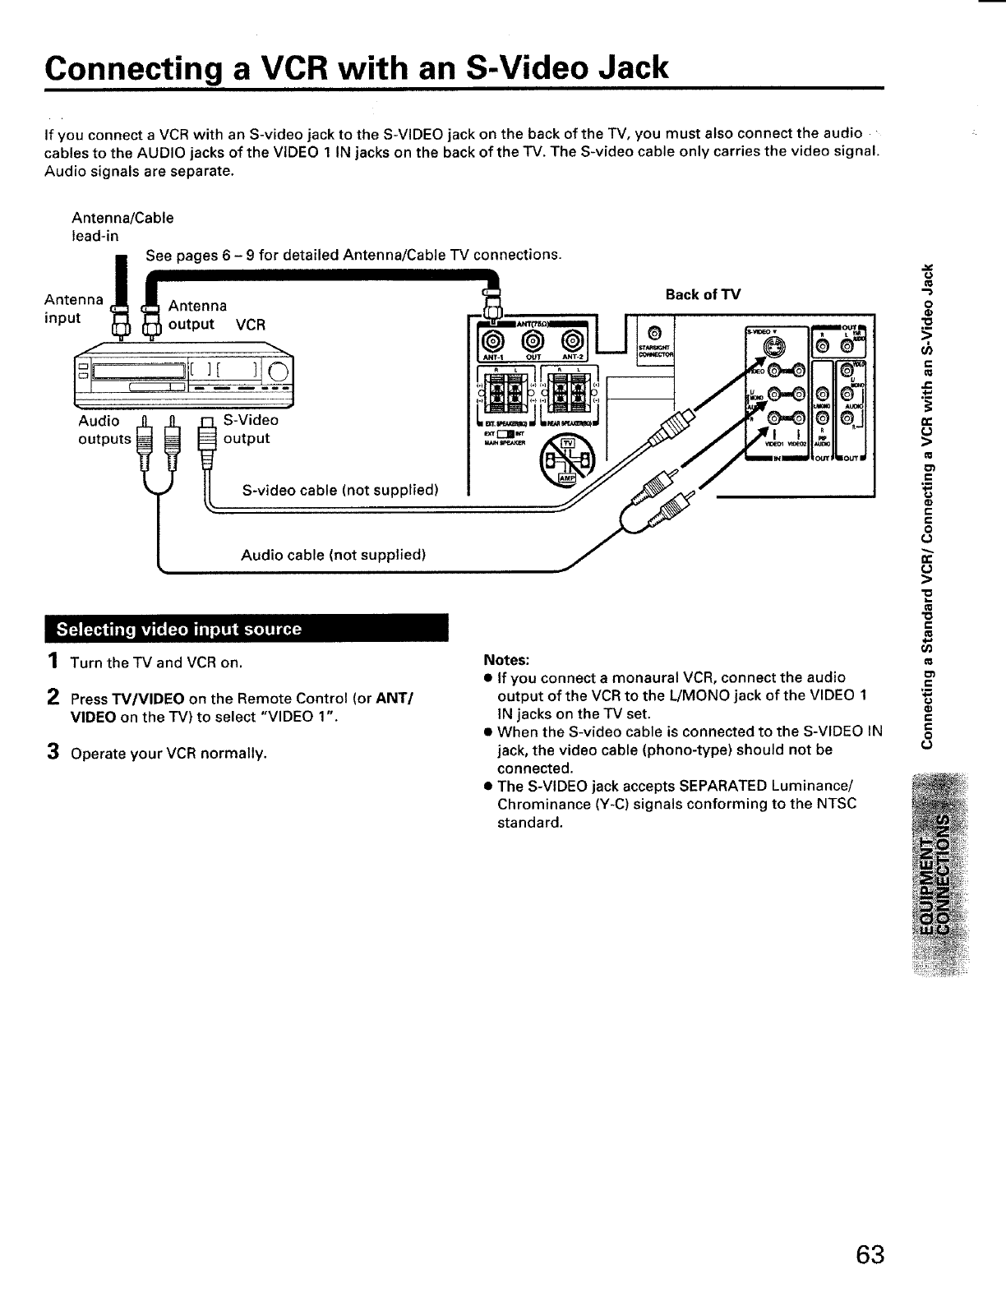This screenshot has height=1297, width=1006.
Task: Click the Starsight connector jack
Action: pos(654,333)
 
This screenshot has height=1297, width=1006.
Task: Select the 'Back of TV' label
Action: pos(703,294)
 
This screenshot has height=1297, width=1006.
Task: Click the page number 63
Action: pos(870,1256)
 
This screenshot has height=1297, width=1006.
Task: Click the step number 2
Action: pos(52,698)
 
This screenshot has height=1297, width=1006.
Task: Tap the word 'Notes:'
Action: pos(507,660)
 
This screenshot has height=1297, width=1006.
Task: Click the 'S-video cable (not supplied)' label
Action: pos(340,491)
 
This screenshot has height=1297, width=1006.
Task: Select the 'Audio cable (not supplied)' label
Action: pos(332,555)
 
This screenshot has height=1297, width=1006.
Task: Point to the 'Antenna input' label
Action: pos(72,308)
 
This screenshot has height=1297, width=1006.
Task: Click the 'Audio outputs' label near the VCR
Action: pos(104,430)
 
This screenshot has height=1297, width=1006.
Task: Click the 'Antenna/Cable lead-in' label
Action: pos(122,227)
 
